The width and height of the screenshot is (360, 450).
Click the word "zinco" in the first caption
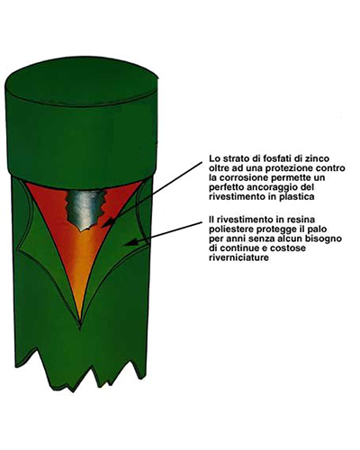tap(319, 158)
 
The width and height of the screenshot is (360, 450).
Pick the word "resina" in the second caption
tap(302, 220)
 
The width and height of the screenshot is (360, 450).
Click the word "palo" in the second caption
tap(318, 229)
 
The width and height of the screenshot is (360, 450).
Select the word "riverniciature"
tap(238, 258)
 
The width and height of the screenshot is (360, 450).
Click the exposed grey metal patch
tap(85, 209)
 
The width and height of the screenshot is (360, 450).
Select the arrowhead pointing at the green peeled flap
tap(130, 242)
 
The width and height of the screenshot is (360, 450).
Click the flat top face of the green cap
tap(82, 80)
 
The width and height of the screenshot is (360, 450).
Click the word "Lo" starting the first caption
tap(213, 158)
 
